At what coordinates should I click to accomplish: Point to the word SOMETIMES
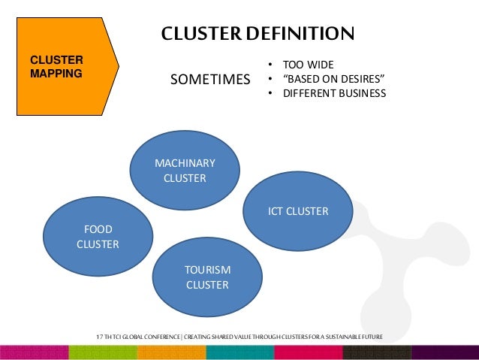pyautogui.click(x=210, y=80)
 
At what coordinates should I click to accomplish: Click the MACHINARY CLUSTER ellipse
pyautogui.click(x=185, y=171)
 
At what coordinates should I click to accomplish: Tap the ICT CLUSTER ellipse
pyautogui.click(x=298, y=211)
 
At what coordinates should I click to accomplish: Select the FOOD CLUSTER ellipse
pyautogui.click(x=98, y=236)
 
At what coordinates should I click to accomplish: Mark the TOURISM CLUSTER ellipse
pyautogui.click(x=207, y=277)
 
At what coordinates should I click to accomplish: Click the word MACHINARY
pyautogui.click(x=185, y=163)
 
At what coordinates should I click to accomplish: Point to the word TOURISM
pyautogui.click(x=208, y=270)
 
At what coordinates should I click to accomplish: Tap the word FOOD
pyautogui.click(x=98, y=228)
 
